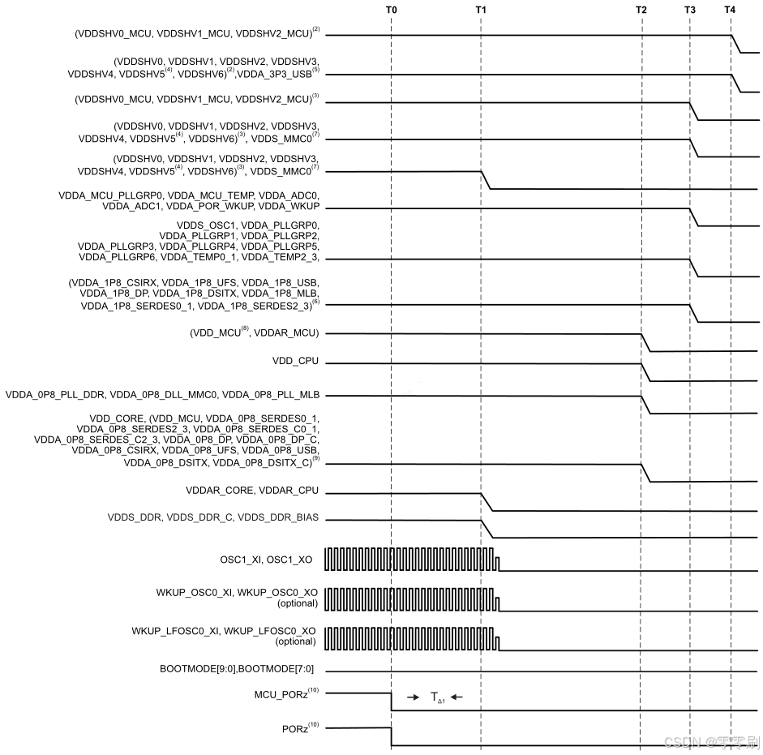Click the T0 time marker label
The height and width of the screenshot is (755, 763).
(392, 9)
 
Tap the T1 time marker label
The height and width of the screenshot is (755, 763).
(481, 9)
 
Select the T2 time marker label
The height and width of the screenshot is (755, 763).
(641, 9)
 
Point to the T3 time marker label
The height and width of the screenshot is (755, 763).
(689, 9)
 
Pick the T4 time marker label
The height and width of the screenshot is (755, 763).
(730, 9)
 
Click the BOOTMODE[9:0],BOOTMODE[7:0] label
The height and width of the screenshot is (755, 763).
(238, 668)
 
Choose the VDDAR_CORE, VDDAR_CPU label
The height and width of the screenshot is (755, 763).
(252, 491)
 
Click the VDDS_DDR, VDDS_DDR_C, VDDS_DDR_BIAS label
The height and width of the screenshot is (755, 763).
(213, 517)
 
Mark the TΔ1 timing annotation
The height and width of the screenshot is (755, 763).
(437, 697)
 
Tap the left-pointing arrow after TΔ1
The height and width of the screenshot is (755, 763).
(458, 697)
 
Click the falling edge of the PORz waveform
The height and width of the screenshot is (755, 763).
(392, 736)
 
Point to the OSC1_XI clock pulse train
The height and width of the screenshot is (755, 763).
(409, 559)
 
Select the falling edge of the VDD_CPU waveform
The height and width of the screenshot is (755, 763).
(646, 372)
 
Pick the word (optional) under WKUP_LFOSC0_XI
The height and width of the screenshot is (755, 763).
(296, 641)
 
